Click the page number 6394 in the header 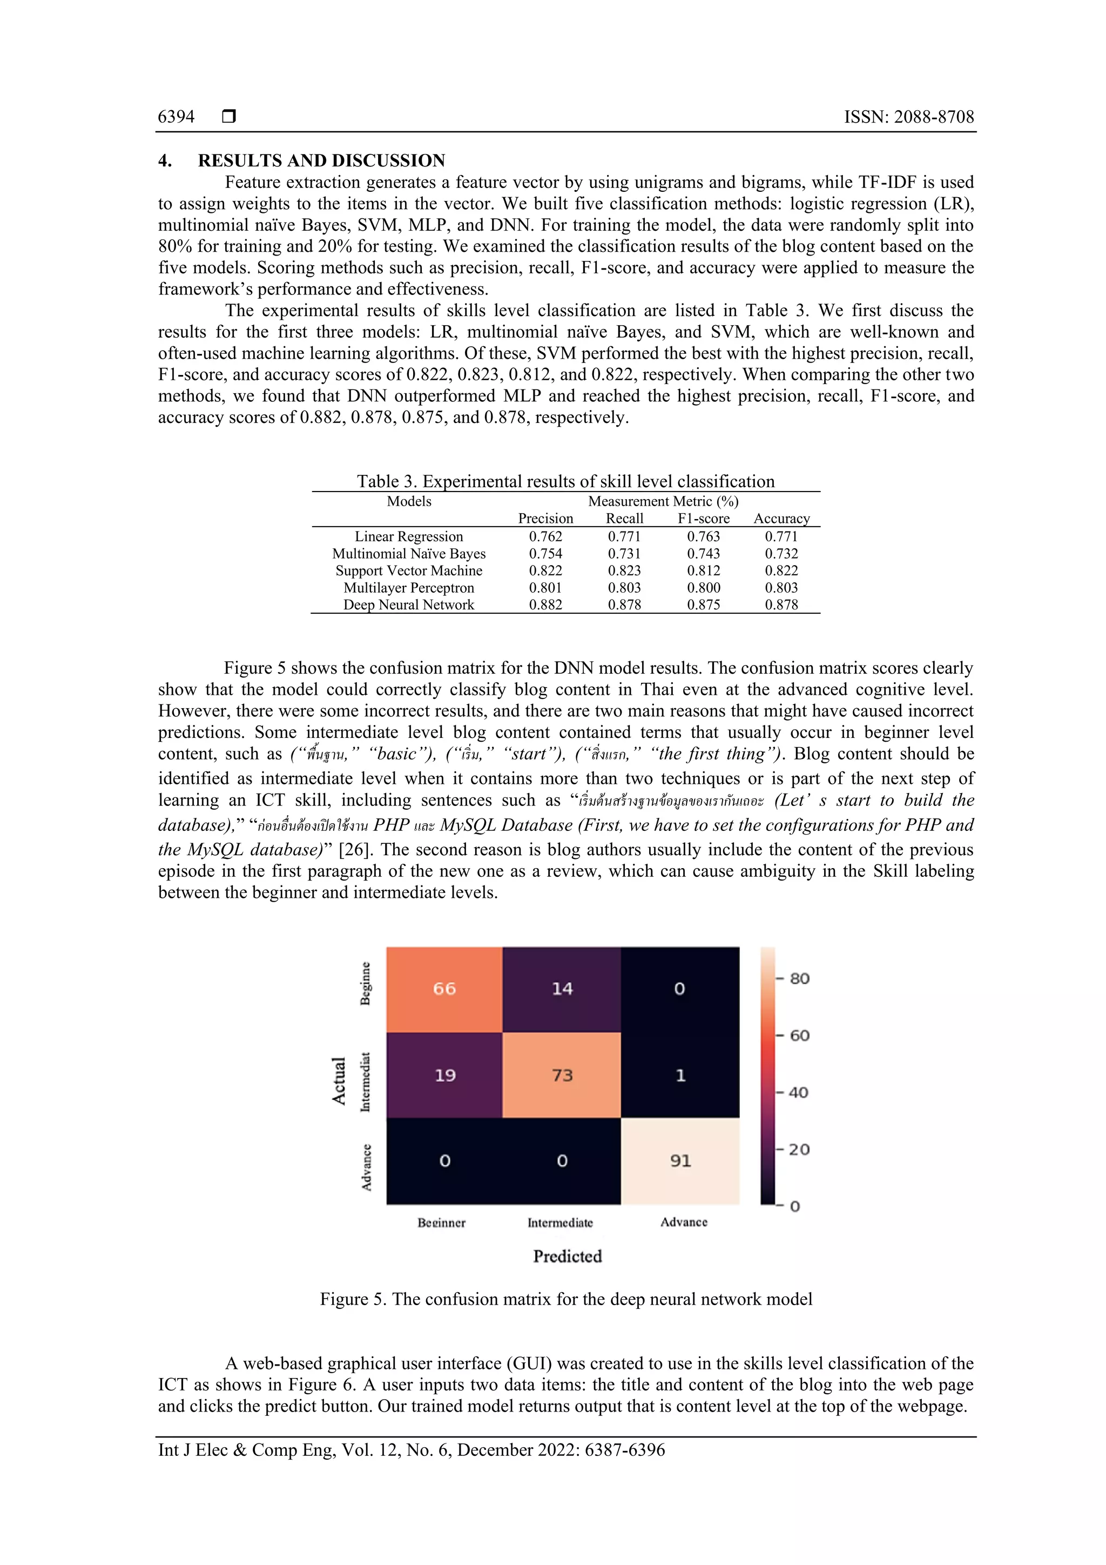pyautogui.click(x=176, y=117)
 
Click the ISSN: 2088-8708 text pyautogui.click(x=908, y=117)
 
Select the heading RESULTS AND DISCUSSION pyautogui.click(x=321, y=160)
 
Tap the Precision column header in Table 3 pyautogui.click(x=545, y=518)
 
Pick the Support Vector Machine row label pyautogui.click(x=408, y=570)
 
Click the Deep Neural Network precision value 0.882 pyautogui.click(x=545, y=604)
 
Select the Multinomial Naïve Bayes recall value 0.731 pyautogui.click(x=624, y=554)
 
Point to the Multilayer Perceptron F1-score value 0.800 pyautogui.click(x=703, y=588)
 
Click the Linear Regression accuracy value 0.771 pyautogui.click(x=781, y=536)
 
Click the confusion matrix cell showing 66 pyautogui.click(x=444, y=989)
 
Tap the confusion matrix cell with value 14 pyautogui.click(x=562, y=989)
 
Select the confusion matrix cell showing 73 pyautogui.click(x=562, y=1075)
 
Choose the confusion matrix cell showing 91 pyautogui.click(x=680, y=1160)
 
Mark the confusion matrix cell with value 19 pyautogui.click(x=444, y=1075)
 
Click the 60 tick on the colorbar pyautogui.click(x=799, y=1036)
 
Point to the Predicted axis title pyautogui.click(x=567, y=1256)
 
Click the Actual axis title pyautogui.click(x=339, y=1080)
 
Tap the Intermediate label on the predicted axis pyautogui.click(x=560, y=1223)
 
